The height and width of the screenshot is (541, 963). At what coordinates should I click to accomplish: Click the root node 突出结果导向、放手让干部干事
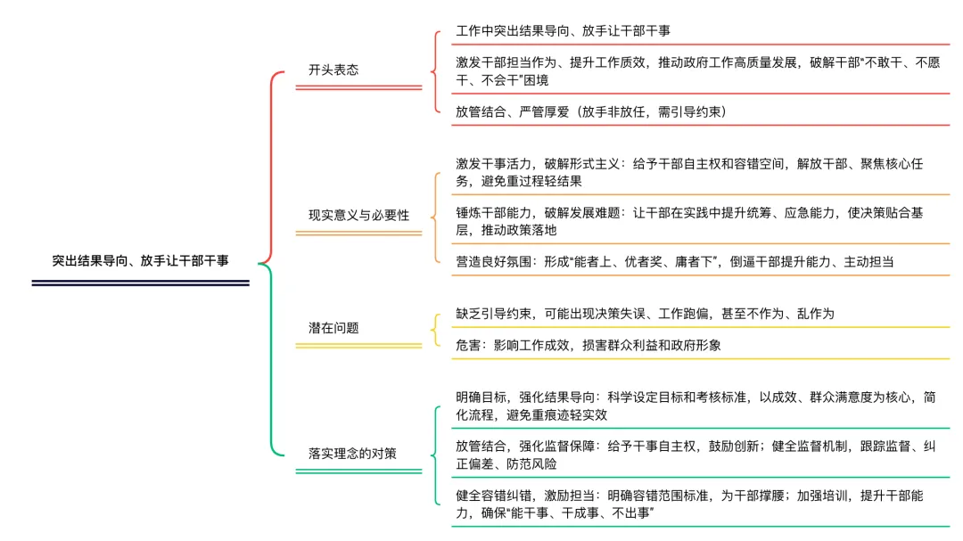[140, 261]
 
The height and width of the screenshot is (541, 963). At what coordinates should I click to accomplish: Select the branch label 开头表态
[333, 70]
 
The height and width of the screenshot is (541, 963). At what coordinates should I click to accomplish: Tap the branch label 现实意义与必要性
[358, 215]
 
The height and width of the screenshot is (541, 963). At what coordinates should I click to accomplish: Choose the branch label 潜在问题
[333, 327]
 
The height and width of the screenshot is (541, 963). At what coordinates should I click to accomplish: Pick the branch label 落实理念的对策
[352, 453]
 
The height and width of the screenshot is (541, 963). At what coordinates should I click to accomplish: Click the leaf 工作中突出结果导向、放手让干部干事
[563, 31]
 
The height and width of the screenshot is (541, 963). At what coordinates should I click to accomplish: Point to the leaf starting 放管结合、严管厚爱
[591, 111]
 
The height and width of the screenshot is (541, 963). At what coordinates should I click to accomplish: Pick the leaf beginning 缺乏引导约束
[645, 314]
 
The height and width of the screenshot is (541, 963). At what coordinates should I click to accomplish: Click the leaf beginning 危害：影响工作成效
[588, 345]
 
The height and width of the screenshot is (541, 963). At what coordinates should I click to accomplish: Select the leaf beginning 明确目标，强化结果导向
[695, 406]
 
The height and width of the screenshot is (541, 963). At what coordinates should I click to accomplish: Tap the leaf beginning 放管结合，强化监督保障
[695, 455]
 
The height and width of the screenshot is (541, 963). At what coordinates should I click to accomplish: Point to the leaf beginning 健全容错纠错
[695, 504]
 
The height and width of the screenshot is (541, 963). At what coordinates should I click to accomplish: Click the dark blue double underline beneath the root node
[140, 283]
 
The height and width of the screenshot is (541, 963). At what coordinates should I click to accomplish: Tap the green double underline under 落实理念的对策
[358, 470]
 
